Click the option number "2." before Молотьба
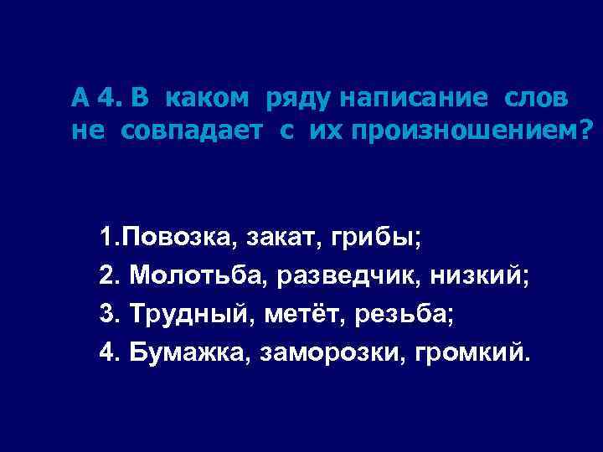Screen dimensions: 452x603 [x=108, y=275]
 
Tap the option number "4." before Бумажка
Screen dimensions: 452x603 [x=108, y=351]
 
